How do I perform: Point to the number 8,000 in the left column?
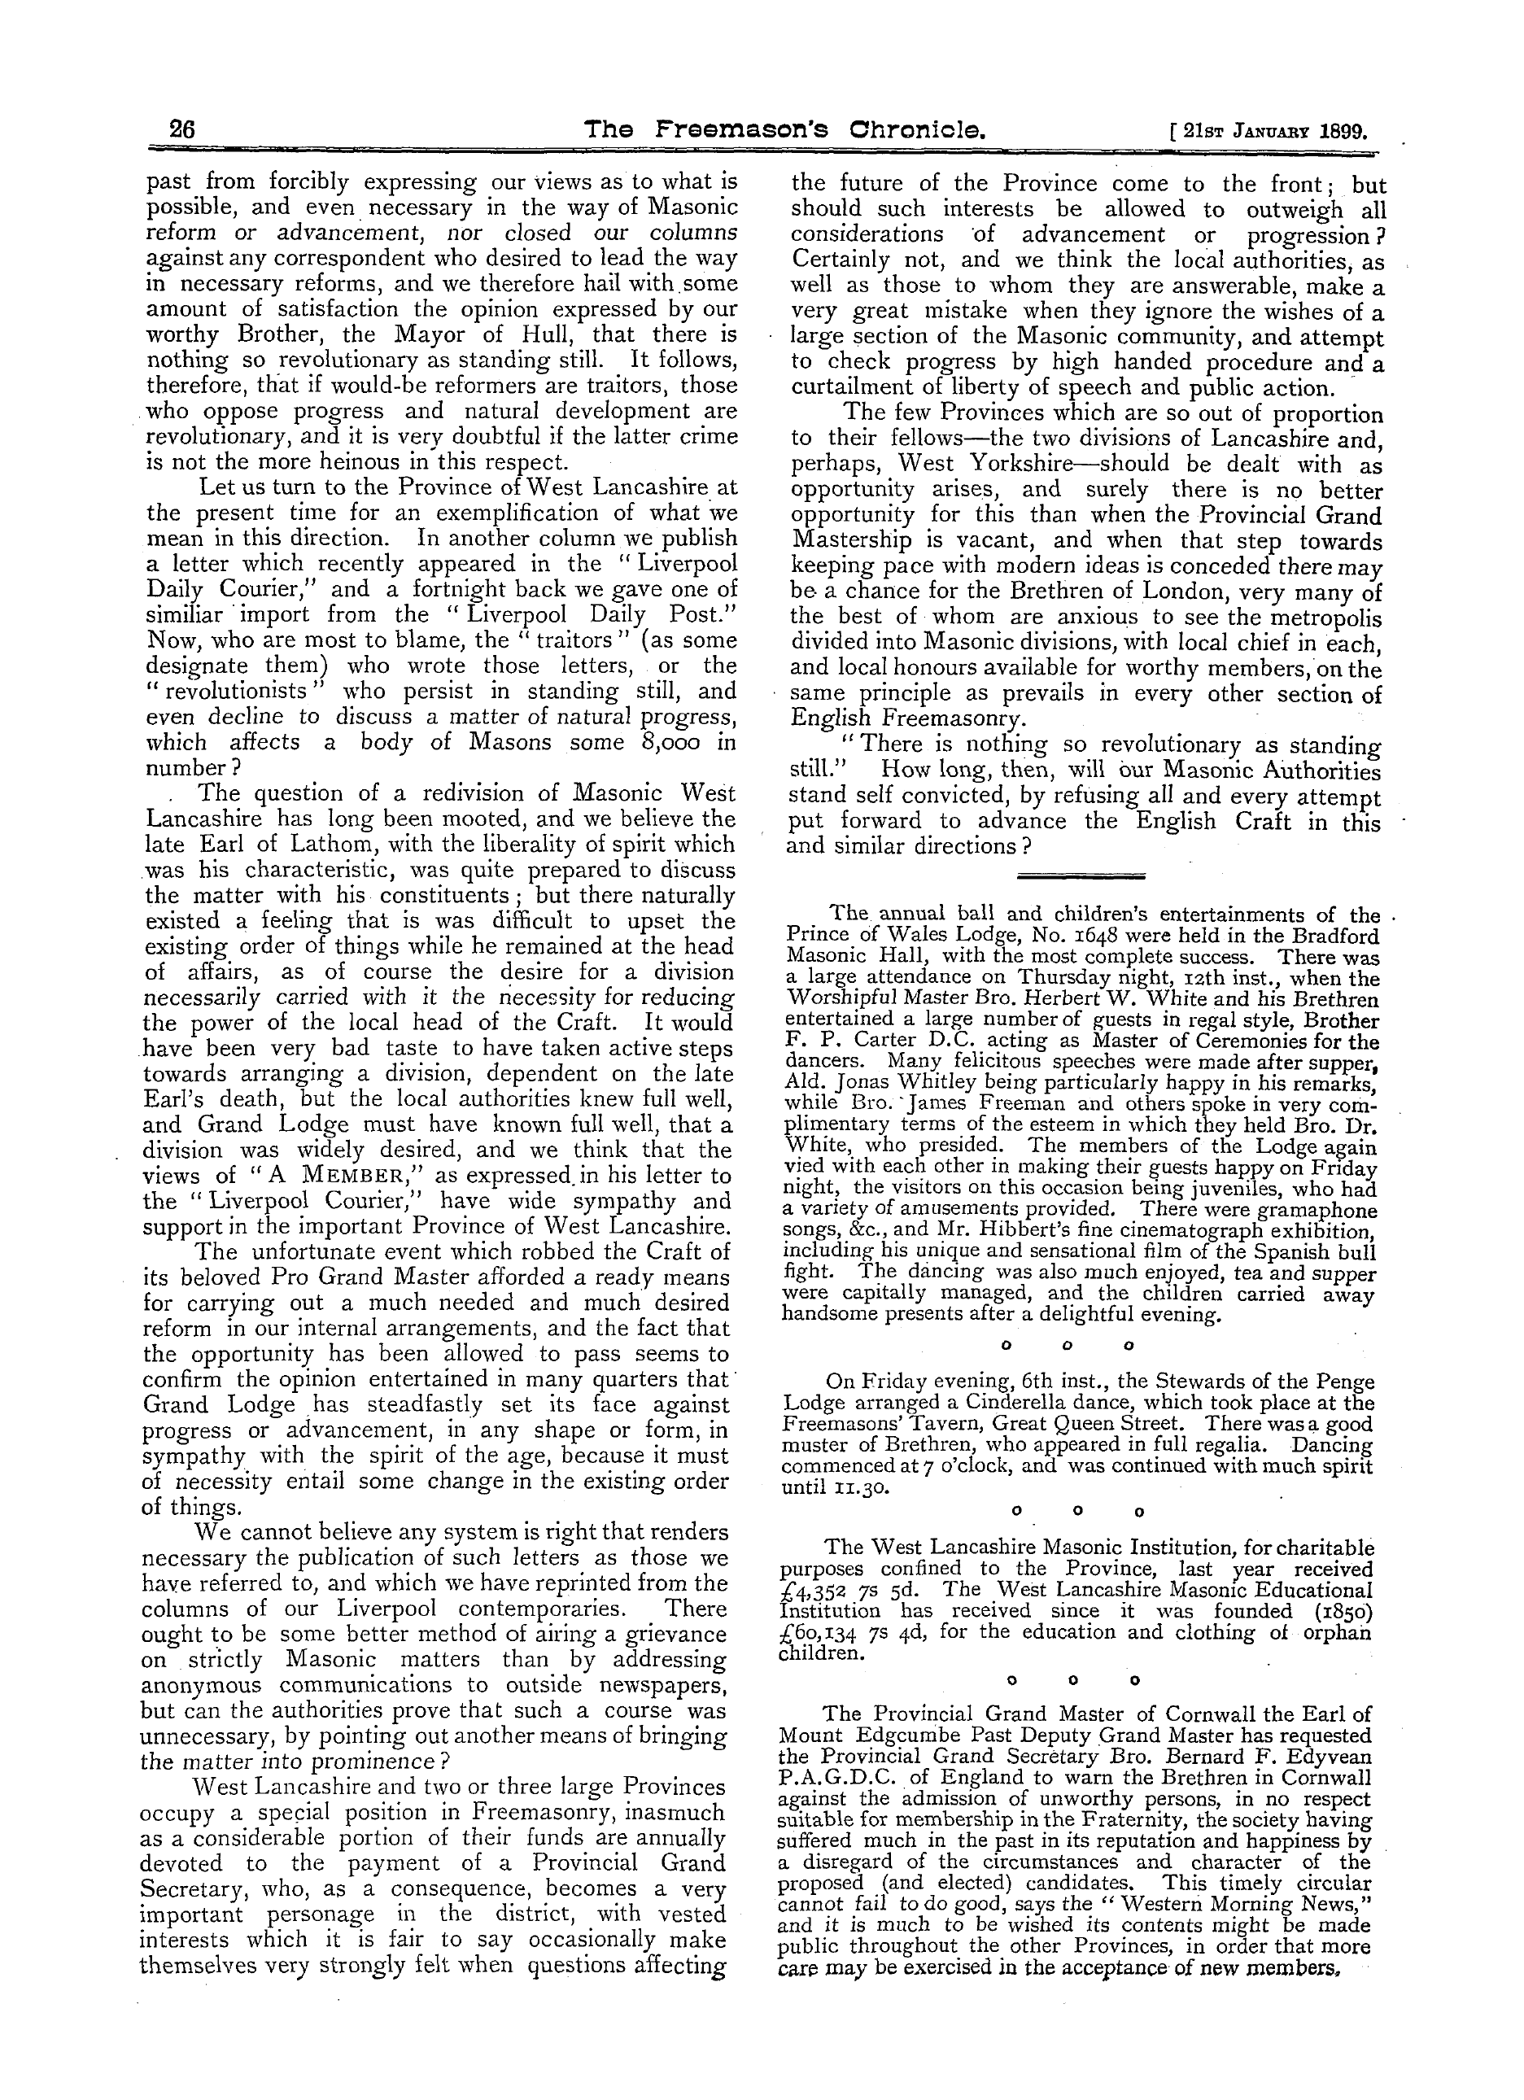coord(679,742)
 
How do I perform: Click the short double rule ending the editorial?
coord(1081,875)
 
